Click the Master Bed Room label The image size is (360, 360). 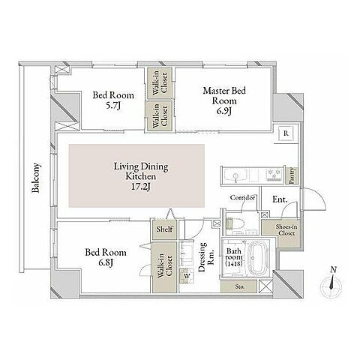[x=224, y=100]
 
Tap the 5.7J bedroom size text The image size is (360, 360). [x=113, y=106]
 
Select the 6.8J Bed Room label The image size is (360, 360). [x=106, y=257]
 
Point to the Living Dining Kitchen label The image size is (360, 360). [x=141, y=176]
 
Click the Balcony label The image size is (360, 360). [x=36, y=178]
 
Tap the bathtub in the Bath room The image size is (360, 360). [x=258, y=257]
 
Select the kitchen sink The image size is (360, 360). [x=235, y=174]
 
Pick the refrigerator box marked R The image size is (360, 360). [x=286, y=133]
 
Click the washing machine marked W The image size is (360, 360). [x=187, y=276]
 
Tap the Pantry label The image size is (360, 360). [x=292, y=176]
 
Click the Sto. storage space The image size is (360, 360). [x=238, y=286]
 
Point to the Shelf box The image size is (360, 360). [x=164, y=229]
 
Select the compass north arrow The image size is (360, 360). [x=331, y=281]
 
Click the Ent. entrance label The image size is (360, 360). [x=280, y=199]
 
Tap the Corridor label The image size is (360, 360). [x=242, y=197]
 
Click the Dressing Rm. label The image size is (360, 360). [x=206, y=256]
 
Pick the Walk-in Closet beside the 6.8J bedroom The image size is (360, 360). [x=165, y=267]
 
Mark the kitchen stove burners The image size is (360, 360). [x=274, y=174]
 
